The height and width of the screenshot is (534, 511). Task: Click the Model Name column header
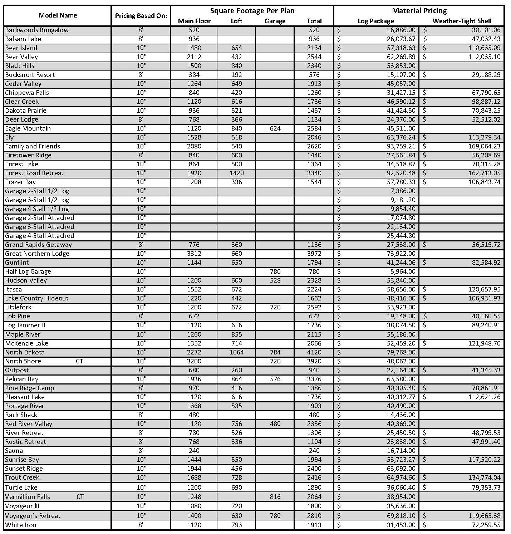pyautogui.click(x=58, y=15)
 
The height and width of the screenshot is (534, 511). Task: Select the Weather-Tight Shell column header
pyautogui.click(x=462, y=21)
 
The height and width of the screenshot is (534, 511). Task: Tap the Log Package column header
pyautogui.click(x=375, y=21)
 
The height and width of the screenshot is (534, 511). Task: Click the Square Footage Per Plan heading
pyautogui.click(x=252, y=11)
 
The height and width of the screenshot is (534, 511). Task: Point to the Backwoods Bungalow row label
pyautogui.click(x=37, y=30)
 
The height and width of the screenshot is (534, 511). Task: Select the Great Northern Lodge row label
pyautogui.click(x=37, y=254)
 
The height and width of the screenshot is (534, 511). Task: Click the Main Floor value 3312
pyautogui.click(x=194, y=254)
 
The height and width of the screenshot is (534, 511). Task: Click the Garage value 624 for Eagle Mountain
pyautogui.click(x=275, y=128)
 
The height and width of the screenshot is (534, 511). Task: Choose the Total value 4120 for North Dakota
pyautogui.click(x=314, y=352)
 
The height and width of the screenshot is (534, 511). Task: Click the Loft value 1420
pyautogui.click(x=236, y=173)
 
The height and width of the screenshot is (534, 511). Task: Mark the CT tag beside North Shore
pyautogui.click(x=79, y=361)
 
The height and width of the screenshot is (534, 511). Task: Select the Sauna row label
pyautogui.click(x=14, y=451)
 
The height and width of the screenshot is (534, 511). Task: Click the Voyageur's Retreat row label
pyautogui.click(x=33, y=516)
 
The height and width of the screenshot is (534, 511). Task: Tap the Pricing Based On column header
pyautogui.click(x=141, y=16)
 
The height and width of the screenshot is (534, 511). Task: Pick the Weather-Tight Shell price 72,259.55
pyautogui.click(x=486, y=525)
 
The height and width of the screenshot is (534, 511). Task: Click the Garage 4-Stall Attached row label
pyautogui.click(x=39, y=236)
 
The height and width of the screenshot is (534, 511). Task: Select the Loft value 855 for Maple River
pyautogui.click(x=236, y=334)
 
